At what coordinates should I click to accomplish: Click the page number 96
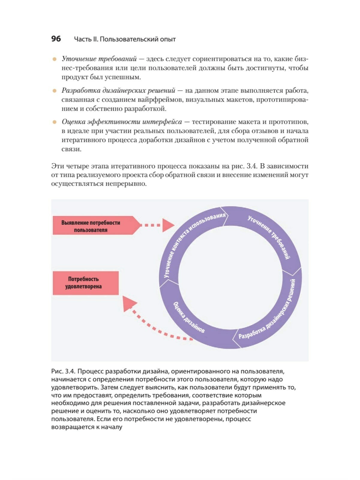tap(56, 39)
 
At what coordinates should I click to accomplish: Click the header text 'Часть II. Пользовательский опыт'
tap(125, 39)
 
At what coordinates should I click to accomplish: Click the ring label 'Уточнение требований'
tap(269, 237)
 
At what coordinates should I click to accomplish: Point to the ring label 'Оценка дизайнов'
tap(189, 317)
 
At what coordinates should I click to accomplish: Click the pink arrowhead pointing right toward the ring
tap(168, 225)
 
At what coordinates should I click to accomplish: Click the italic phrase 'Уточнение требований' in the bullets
tap(99, 59)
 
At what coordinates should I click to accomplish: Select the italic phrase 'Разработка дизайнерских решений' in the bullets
tap(118, 90)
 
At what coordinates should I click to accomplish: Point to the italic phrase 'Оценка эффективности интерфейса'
tap(122, 122)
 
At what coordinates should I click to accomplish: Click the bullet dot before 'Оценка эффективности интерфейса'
tap(54, 122)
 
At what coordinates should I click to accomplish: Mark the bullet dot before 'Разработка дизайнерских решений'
tap(54, 90)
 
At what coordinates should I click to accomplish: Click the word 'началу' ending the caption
tap(112, 427)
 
